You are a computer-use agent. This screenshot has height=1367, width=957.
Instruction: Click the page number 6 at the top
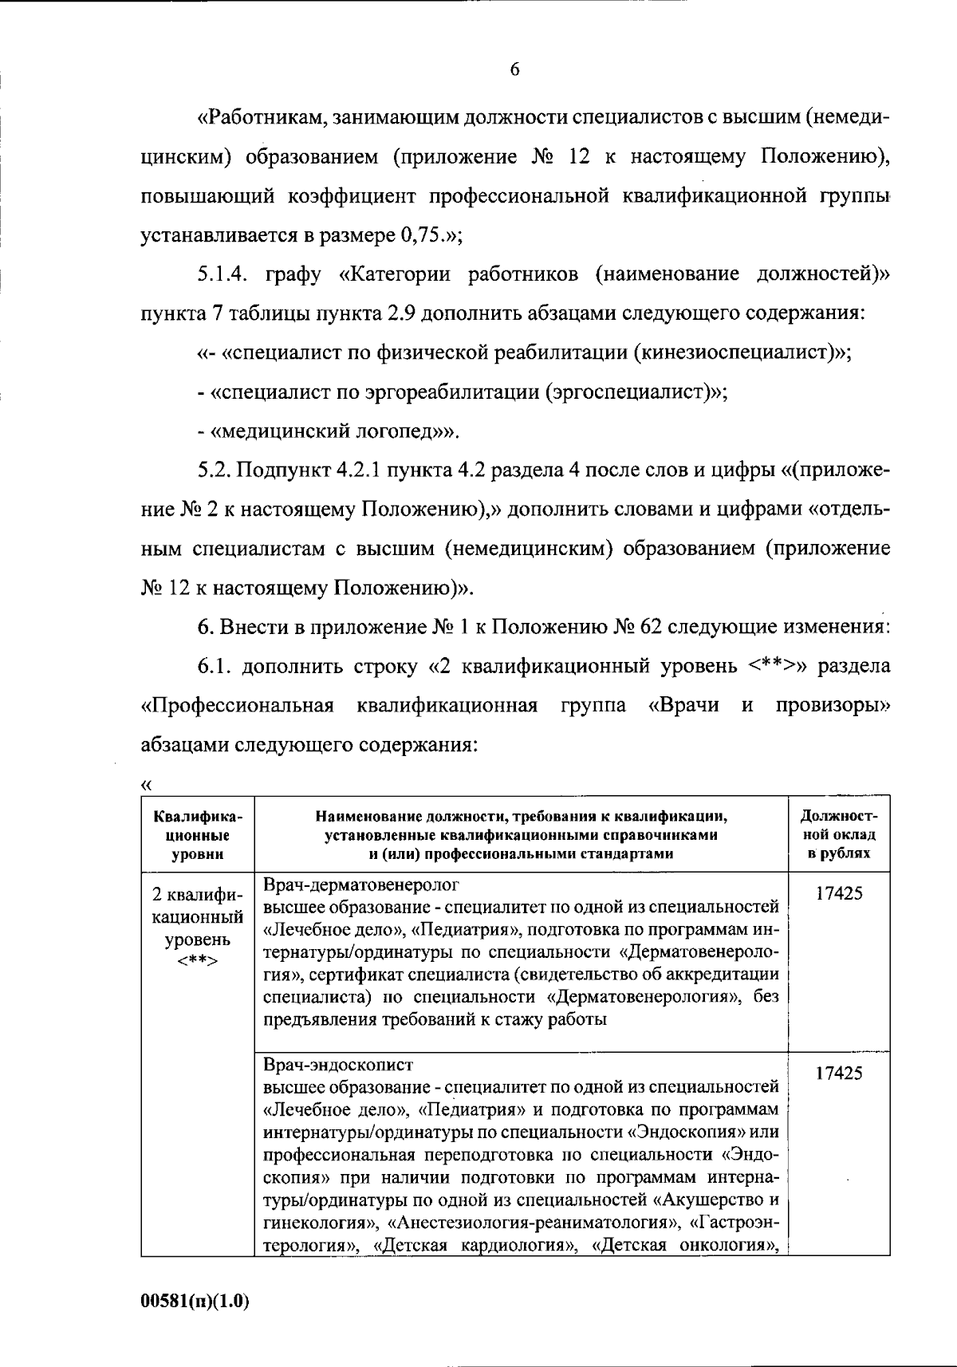tap(514, 69)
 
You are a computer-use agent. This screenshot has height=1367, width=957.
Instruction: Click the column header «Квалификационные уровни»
tap(198, 834)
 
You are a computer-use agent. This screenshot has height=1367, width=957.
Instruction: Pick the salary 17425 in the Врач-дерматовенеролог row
tap(838, 893)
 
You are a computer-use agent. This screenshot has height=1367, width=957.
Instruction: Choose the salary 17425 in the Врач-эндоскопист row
tap(838, 1073)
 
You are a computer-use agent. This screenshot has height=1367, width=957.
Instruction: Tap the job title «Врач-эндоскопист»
tap(338, 1065)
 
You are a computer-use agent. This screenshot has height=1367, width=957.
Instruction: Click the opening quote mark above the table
tap(146, 785)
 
